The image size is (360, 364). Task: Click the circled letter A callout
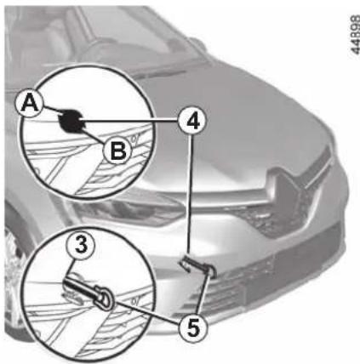click(29, 103)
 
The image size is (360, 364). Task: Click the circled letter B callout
click(117, 151)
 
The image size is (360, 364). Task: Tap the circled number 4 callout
click(192, 121)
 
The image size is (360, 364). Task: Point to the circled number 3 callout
click(82, 245)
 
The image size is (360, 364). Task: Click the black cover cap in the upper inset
click(71, 121)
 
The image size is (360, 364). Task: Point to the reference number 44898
click(354, 34)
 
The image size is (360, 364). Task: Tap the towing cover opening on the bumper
click(197, 265)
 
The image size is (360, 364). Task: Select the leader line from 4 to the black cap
click(130, 121)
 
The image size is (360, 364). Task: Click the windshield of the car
click(134, 34)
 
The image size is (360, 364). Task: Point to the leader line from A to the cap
click(52, 110)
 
